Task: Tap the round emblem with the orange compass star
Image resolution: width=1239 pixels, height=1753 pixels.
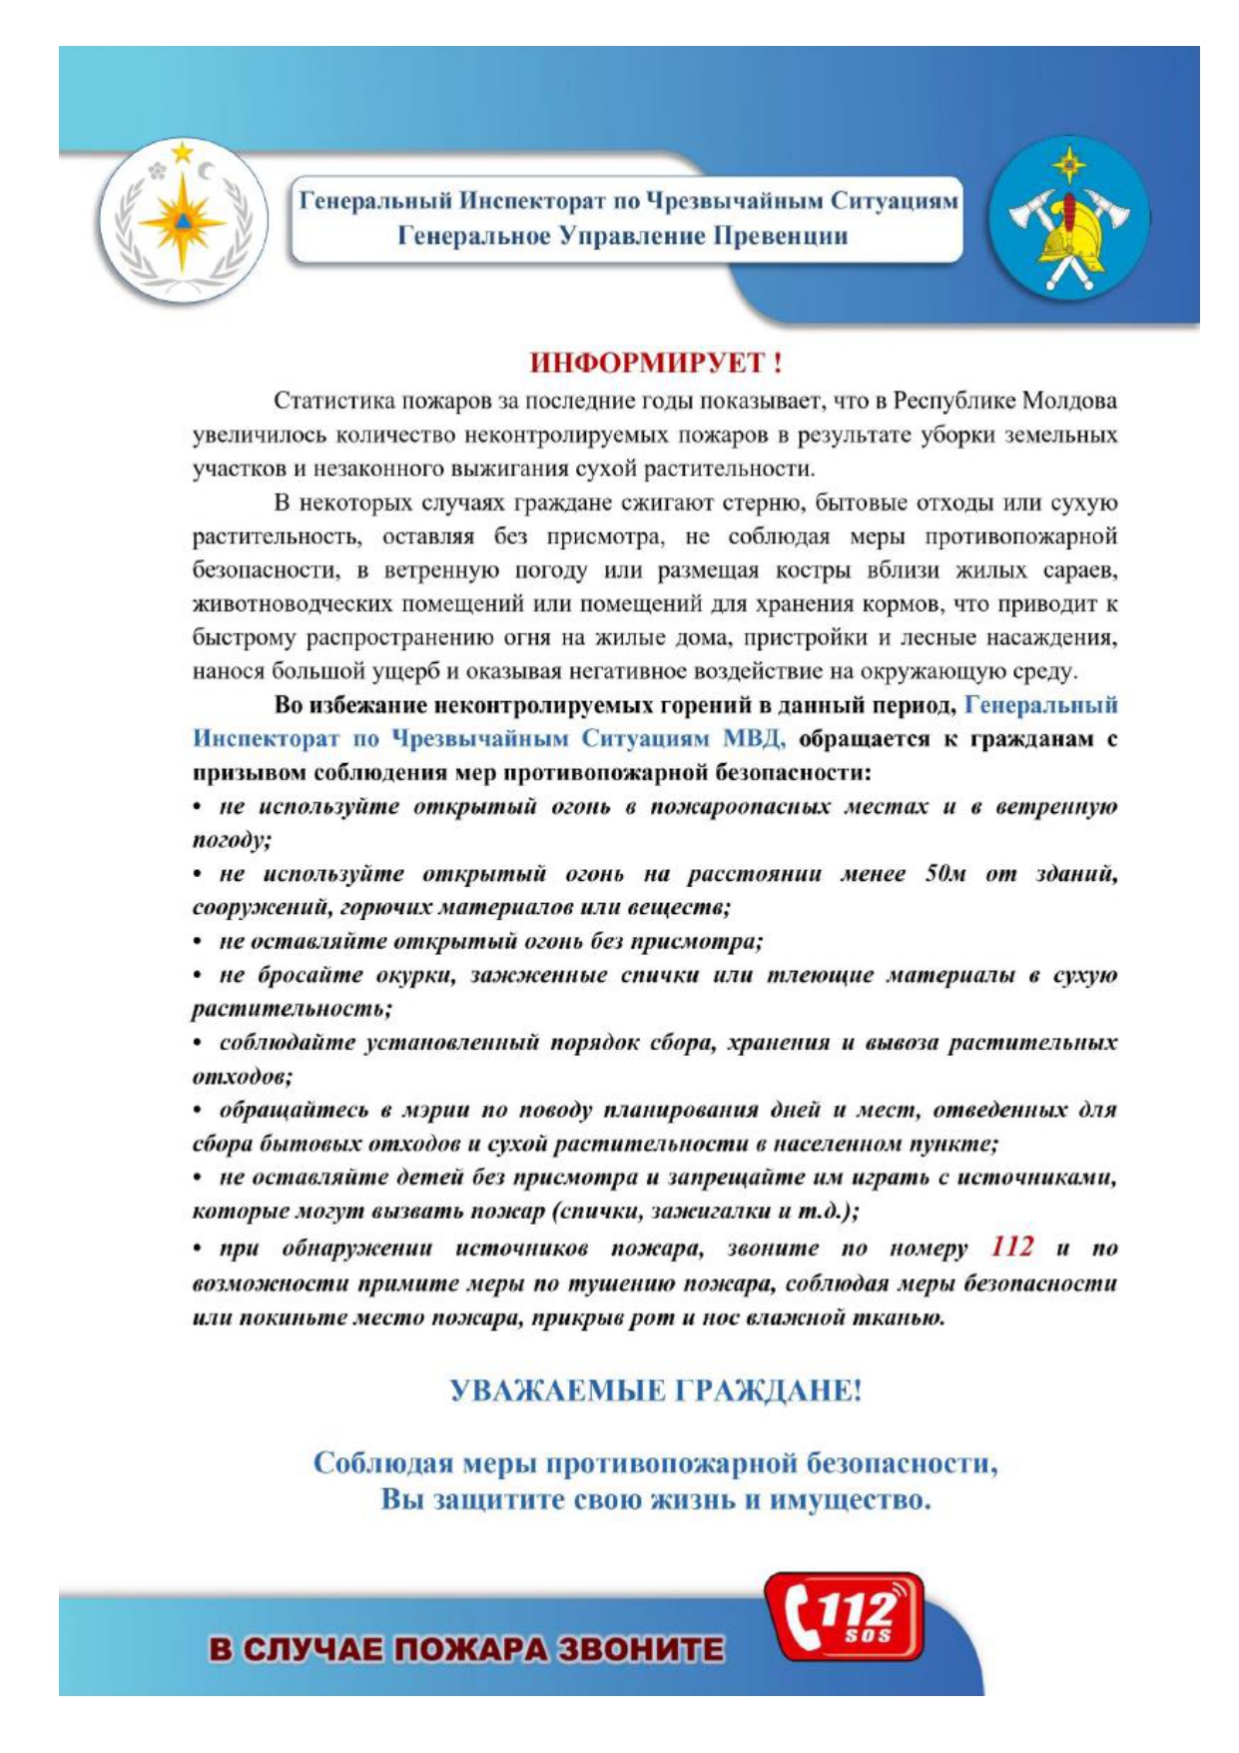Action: (183, 222)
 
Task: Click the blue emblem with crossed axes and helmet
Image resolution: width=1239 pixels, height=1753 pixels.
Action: (1068, 218)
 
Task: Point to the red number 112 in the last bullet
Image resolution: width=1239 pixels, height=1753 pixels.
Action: (1012, 1247)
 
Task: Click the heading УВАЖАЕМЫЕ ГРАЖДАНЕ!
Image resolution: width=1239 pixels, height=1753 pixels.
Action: (656, 1390)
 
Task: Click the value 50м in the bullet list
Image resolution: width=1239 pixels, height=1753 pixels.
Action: (944, 874)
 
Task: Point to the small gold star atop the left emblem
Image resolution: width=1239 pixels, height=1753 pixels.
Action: (182, 152)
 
